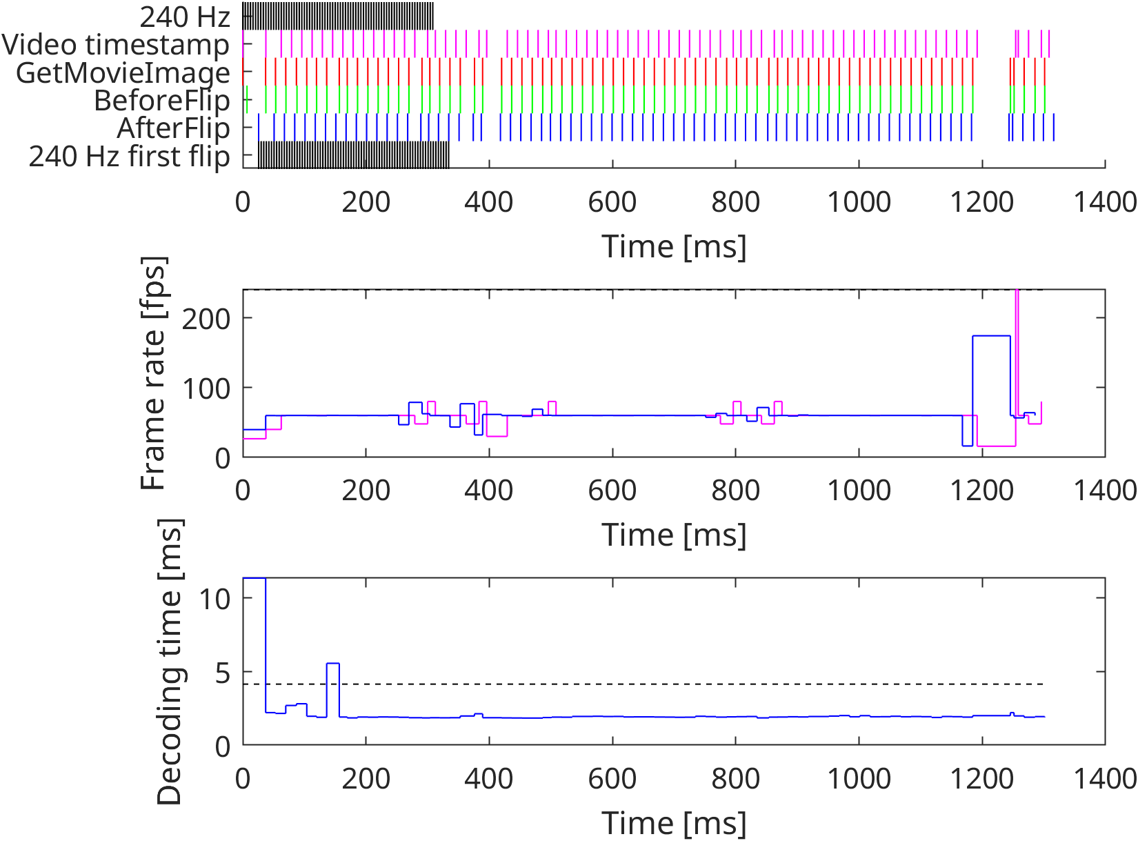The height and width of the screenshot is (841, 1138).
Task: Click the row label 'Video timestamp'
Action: [x=115, y=45]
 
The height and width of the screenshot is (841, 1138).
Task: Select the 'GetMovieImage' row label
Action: [x=123, y=72]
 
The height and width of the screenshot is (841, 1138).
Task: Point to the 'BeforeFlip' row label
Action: [x=161, y=101]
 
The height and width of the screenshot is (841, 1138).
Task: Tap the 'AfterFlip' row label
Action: [x=173, y=128]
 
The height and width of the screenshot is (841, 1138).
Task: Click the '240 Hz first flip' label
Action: [x=129, y=157]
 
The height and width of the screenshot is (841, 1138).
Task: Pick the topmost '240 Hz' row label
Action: [x=184, y=17]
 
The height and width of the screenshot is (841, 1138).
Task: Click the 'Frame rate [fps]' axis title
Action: [x=154, y=373]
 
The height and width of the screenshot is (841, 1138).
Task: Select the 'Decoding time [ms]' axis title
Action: [x=170, y=662]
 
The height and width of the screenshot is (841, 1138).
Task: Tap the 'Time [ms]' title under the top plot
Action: [x=674, y=246]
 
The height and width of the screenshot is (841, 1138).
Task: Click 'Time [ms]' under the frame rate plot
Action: [x=674, y=535]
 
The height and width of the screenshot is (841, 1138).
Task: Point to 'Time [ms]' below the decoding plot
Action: [x=674, y=823]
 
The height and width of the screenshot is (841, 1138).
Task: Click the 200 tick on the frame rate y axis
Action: [x=206, y=319]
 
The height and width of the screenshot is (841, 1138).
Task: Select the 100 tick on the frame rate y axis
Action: [x=206, y=388]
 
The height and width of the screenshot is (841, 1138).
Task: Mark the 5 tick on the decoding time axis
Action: [x=222, y=673]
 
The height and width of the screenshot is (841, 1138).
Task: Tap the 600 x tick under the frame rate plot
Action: [x=612, y=491]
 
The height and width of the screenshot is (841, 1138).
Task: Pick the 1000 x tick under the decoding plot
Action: [x=859, y=779]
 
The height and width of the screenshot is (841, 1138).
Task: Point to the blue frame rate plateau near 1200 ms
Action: [x=991, y=336]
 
